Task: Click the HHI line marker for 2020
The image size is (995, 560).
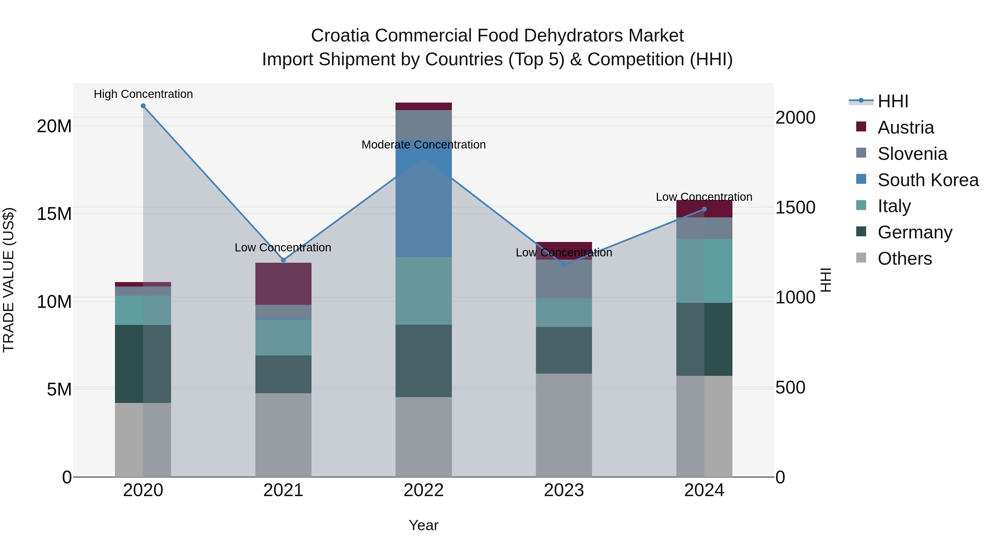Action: tap(143, 106)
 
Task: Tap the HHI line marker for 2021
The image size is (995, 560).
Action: tap(283, 260)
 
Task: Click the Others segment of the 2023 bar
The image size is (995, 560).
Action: tap(564, 425)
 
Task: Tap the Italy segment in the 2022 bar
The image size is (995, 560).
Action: tap(423, 291)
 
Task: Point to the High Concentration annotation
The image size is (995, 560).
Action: tap(143, 94)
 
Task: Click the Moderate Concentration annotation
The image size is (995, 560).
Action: tap(423, 145)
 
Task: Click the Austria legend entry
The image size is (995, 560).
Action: tap(905, 127)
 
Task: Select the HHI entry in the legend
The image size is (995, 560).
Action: tap(892, 101)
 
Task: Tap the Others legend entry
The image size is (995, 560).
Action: tap(904, 258)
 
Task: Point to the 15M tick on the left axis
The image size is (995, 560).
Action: tap(54, 214)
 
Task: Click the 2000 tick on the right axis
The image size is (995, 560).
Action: tap(795, 118)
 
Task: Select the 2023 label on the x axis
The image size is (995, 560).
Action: tap(564, 490)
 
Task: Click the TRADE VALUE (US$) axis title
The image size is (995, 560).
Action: tap(9, 280)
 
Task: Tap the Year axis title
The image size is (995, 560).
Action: tap(423, 525)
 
